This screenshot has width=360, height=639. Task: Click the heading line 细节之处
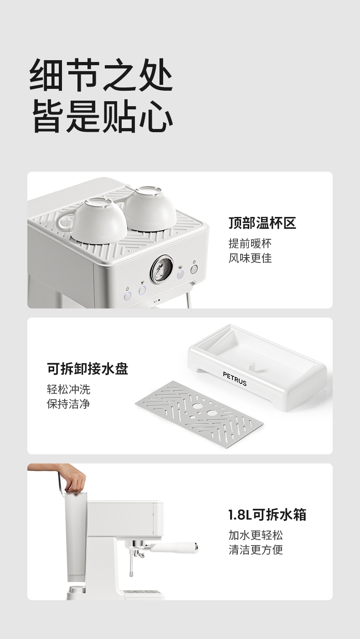(x=101, y=75)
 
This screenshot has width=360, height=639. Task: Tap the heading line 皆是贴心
(x=103, y=116)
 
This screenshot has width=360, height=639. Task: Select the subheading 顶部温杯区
(x=262, y=223)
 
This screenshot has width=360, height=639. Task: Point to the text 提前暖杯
(x=250, y=243)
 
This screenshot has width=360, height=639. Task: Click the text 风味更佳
(x=250, y=258)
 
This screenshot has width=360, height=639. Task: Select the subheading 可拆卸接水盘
(x=87, y=369)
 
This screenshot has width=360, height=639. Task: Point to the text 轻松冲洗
(x=68, y=389)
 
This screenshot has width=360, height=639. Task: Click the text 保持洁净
(x=68, y=404)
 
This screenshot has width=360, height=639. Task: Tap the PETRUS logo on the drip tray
(x=235, y=379)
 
